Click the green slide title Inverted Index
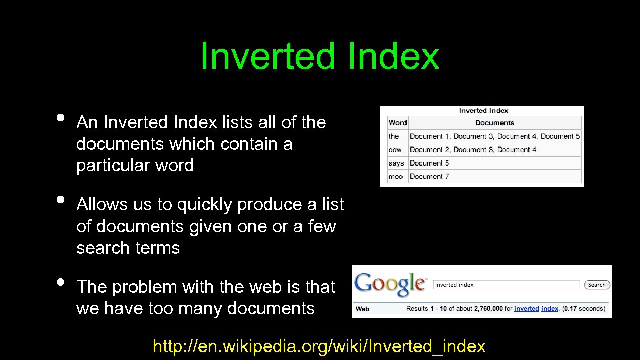click(x=319, y=56)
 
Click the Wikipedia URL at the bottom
click(x=319, y=346)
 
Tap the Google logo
click(x=390, y=284)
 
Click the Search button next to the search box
click(x=597, y=285)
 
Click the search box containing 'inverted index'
click(x=506, y=285)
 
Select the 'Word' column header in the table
click(x=398, y=123)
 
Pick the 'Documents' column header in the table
click(x=494, y=123)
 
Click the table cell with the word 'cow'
click(x=395, y=150)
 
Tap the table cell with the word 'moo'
click(x=396, y=176)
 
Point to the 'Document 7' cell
click(x=429, y=176)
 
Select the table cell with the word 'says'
click(x=396, y=163)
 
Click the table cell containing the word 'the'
click(x=394, y=136)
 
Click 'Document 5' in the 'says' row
click(x=429, y=163)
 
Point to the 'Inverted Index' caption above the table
click(x=483, y=111)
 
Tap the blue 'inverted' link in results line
click(x=526, y=309)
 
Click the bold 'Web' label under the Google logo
click(x=362, y=309)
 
